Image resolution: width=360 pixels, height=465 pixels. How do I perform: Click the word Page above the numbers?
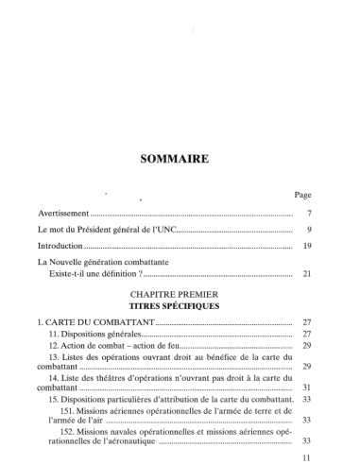click(x=302, y=195)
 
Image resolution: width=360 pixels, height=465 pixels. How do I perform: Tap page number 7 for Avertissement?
click(x=308, y=214)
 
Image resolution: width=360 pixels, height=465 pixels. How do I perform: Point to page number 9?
click(x=308, y=230)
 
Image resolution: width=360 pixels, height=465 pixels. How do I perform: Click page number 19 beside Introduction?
click(x=306, y=246)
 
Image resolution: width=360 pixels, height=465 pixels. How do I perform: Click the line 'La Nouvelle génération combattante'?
click(x=111, y=262)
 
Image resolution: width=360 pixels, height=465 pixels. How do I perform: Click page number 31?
click(x=306, y=387)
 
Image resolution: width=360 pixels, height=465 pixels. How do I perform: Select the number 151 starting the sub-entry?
click(x=69, y=412)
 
